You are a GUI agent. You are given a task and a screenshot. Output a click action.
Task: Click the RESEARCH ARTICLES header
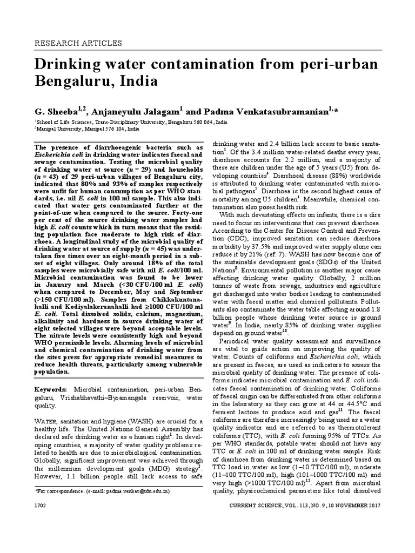coord(78,43)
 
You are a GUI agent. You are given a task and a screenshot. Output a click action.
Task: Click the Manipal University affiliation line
coord(86,130)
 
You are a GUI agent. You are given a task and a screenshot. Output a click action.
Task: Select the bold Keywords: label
coord(51,389)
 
